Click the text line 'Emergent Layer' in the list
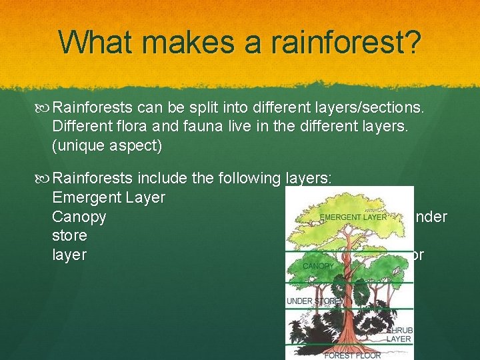pyautogui.click(x=109, y=198)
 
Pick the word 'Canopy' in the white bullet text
pyautogui.click(x=79, y=217)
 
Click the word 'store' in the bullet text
pyautogui.click(x=70, y=236)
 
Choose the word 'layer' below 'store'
pyautogui.click(x=69, y=255)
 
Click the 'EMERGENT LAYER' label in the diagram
pyautogui.click(x=353, y=217)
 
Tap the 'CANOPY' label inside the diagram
pyautogui.click(x=319, y=266)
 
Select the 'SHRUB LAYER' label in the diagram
pyautogui.click(x=399, y=334)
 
